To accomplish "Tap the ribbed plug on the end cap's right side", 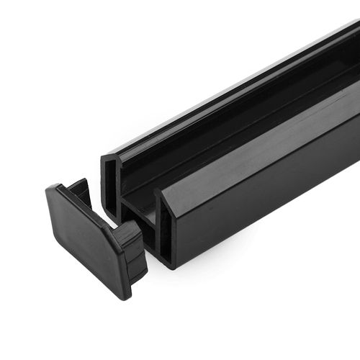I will click(x=132, y=249).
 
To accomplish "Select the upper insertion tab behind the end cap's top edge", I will click(x=80, y=192).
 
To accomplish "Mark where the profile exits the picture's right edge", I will click(x=356, y=86).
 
